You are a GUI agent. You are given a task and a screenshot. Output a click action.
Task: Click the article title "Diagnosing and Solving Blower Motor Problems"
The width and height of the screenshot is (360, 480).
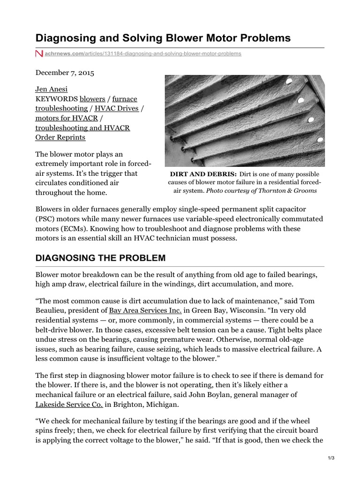coord(163,37)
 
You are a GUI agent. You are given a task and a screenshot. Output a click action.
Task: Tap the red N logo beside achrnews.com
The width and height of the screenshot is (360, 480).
coord(39,54)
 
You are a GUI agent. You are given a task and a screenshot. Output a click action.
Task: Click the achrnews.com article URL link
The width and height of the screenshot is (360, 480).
coord(143,54)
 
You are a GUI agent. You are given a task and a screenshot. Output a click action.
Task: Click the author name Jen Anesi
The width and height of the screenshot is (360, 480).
coord(51,89)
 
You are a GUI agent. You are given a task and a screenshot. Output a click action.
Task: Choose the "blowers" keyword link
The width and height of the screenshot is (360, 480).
coord(92,99)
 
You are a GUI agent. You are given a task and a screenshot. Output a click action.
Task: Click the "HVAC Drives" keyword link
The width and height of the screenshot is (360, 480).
coord(117,108)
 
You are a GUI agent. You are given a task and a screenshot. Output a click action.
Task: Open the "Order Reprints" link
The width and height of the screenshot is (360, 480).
coord(60,137)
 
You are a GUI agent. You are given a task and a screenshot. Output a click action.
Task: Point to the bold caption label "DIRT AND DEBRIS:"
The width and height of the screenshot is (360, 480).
coord(203,174)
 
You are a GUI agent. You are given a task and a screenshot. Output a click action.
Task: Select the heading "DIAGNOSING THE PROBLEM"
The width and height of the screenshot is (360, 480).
coord(100,258)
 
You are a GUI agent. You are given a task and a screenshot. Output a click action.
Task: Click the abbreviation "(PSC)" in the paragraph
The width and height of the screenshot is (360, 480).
coord(47,219)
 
